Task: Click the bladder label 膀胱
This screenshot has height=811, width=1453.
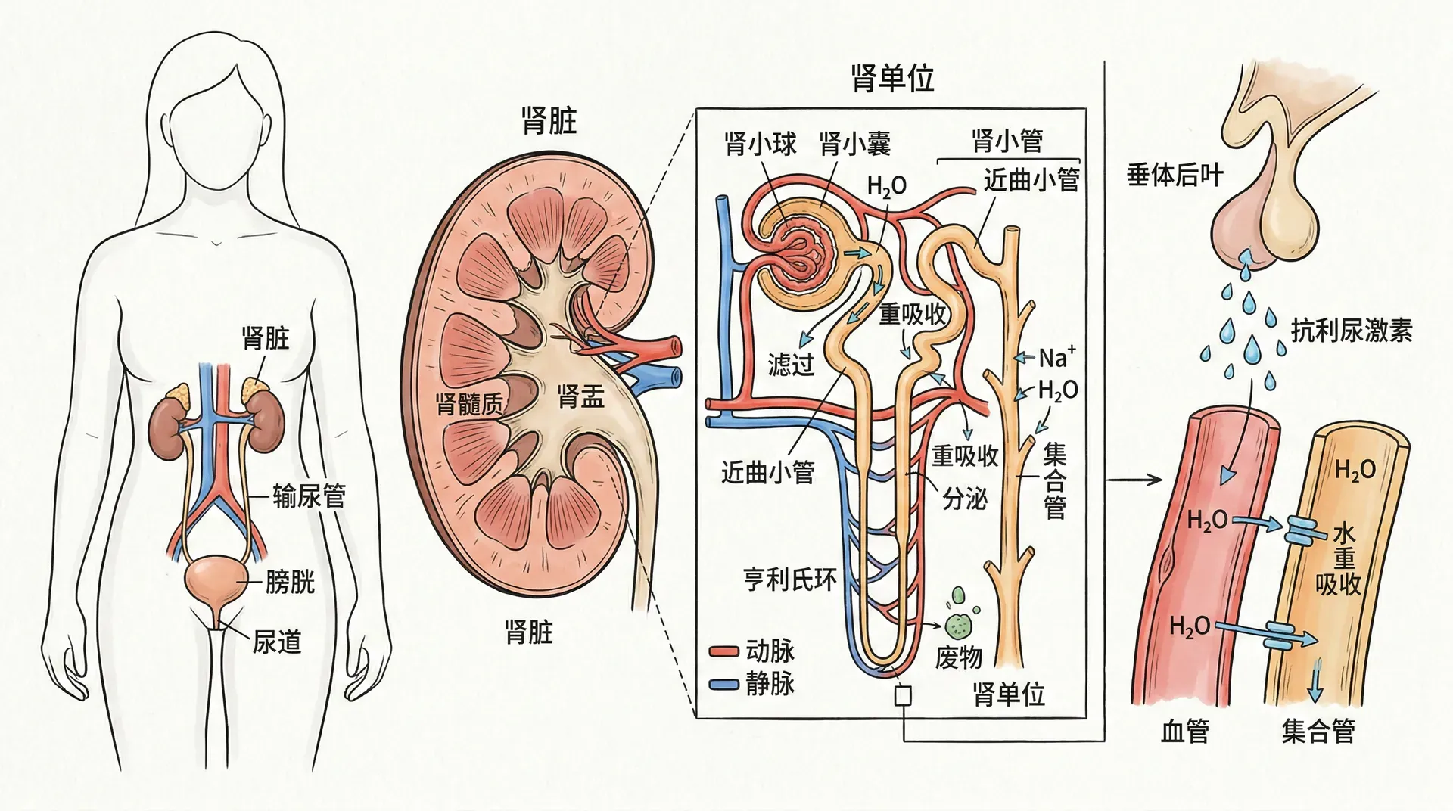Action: (x=289, y=583)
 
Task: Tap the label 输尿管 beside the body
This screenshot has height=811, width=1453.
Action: (x=309, y=496)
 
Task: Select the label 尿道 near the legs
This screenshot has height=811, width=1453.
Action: (x=277, y=642)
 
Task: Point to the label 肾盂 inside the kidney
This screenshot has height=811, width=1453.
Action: (x=580, y=396)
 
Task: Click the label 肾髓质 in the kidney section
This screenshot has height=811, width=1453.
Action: (x=470, y=403)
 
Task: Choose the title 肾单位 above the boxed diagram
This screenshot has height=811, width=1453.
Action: (x=892, y=78)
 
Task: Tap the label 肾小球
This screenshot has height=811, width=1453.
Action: (x=760, y=143)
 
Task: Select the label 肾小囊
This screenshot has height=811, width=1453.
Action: (x=854, y=143)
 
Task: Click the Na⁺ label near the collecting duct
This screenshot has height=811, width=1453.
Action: (x=1056, y=357)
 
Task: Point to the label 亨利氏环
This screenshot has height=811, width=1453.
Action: (x=790, y=580)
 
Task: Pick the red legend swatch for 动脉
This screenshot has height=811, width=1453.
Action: (x=723, y=651)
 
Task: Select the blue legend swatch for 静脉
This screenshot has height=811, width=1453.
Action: (x=723, y=685)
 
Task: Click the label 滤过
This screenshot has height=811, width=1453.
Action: (x=791, y=365)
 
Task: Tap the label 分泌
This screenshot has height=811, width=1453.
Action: (x=965, y=499)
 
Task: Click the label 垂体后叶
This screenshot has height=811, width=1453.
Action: (x=1175, y=176)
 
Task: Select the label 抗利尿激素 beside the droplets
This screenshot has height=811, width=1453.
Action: (x=1351, y=331)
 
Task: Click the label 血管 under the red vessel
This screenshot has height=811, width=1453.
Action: (x=1185, y=732)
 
